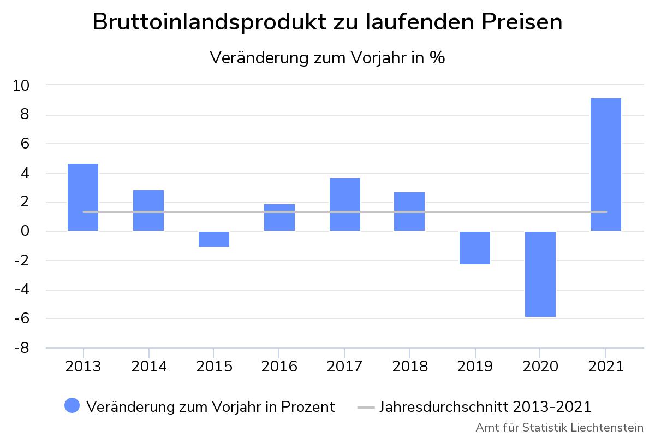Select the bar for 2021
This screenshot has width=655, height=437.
coord(606,164)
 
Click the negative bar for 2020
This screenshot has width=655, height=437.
coord(540,274)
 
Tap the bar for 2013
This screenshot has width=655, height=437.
coord(83,197)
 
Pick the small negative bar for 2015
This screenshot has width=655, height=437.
coord(214,239)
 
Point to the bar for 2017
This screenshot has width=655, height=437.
coord(344,204)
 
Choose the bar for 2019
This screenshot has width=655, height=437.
coord(475,247)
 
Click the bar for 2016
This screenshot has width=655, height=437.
coord(279,217)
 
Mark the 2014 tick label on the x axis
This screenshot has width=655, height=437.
coord(148,366)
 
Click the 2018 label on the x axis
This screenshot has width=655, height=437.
coord(410,366)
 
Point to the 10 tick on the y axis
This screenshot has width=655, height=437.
coord(22,86)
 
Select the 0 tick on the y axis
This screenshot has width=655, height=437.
coord(26,231)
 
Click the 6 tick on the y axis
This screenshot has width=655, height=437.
coord(26,144)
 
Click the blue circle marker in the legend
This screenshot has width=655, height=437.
coord(72,406)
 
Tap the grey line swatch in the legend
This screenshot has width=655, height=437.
coord(366,407)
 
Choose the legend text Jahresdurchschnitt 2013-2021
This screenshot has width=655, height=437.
coord(485,407)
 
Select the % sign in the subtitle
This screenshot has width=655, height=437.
coord(437,57)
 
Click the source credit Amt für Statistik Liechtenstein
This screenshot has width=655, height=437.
coord(559,427)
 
